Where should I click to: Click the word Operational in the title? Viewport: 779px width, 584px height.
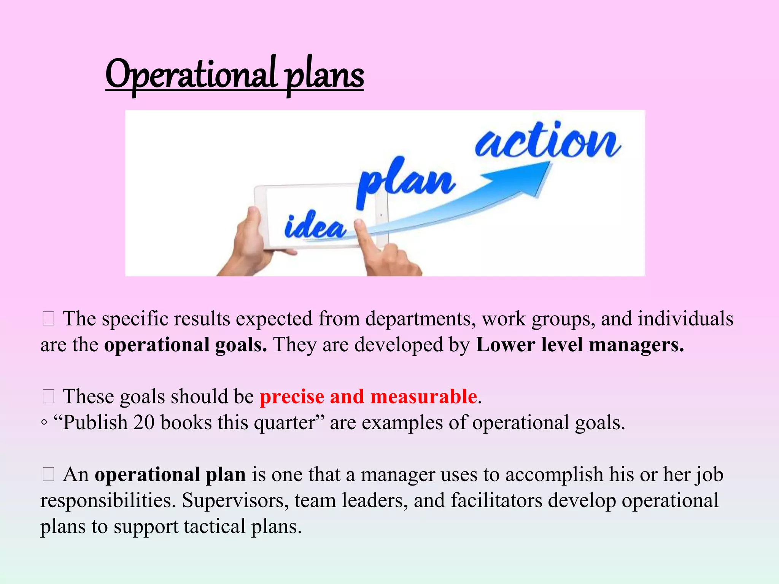(191, 74)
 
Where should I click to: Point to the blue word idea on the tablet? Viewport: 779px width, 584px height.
(315, 227)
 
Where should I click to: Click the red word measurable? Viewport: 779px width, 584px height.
(423, 397)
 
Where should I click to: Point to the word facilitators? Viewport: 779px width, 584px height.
(496, 500)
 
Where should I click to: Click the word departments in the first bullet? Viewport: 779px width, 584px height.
(420, 319)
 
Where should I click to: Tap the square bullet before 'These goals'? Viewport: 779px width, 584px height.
(49, 397)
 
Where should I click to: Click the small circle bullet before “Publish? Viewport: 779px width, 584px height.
(45, 423)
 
